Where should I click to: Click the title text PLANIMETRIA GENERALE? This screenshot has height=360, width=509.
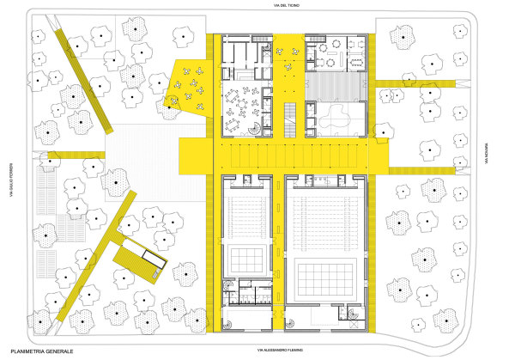coord(42,351)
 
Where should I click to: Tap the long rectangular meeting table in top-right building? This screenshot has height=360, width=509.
coord(352,61)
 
